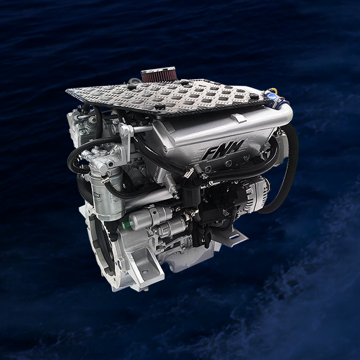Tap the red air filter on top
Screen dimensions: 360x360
pos(158,74)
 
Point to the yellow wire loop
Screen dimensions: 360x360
pos(273,91)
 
